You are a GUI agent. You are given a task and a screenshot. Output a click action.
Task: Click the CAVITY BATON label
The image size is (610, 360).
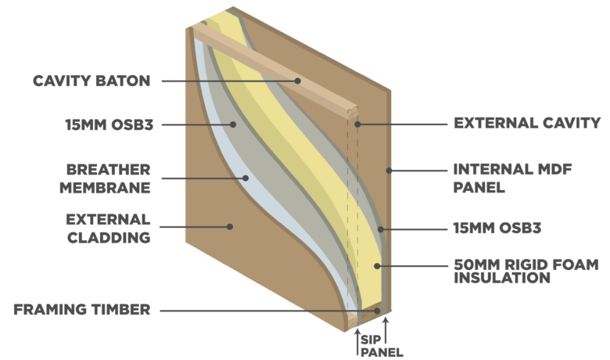click(x=91, y=81)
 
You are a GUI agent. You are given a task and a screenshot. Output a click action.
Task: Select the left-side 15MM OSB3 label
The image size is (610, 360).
click(x=109, y=125)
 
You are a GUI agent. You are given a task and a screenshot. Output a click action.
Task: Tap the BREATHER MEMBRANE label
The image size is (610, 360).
click(x=105, y=178)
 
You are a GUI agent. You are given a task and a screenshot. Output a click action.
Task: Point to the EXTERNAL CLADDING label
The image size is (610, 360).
click(x=108, y=229)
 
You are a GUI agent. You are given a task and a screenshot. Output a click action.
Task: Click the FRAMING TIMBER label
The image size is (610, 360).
click(x=82, y=310)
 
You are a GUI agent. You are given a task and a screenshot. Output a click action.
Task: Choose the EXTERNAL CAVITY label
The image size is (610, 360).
click(x=527, y=124)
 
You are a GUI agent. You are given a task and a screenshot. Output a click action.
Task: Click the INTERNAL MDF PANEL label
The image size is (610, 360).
click(x=512, y=178)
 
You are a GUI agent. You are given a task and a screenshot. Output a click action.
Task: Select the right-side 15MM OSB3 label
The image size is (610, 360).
click(x=497, y=228)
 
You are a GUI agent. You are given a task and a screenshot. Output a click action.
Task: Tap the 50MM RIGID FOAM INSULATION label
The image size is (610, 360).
click(x=526, y=272)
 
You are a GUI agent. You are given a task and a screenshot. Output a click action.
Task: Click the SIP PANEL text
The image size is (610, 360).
click(x=382, y=346)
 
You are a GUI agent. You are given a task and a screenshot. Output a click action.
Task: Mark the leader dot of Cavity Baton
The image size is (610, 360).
click(x=298, y=81)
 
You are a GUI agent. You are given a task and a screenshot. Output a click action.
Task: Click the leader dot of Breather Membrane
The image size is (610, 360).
click(x=246, y=178)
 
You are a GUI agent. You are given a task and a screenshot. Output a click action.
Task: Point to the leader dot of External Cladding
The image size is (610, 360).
click(x=230, y=226)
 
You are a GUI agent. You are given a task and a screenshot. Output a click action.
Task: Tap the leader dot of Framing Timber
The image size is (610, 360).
click(x=377, y=311)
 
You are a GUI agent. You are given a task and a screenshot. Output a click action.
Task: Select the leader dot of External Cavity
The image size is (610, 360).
click(x=357, y=124)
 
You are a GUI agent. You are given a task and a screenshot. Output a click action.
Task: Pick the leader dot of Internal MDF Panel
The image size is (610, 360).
click(x=389, y=171)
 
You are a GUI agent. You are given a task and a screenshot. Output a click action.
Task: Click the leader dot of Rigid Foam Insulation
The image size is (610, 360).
click(x=377, y=266)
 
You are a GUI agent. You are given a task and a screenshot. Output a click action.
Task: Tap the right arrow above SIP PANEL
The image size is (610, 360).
click(x=386, y=331)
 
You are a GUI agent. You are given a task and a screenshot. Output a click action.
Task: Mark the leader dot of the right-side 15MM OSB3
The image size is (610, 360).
click(x=381, y=229)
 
